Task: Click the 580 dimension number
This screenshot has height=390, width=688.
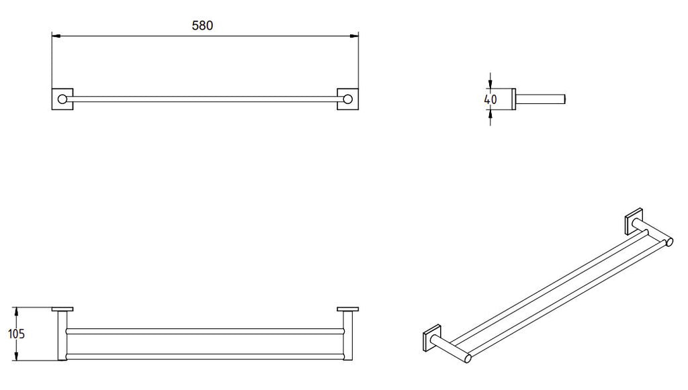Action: coord(202,26)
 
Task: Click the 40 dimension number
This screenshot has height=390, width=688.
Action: coord(490,99)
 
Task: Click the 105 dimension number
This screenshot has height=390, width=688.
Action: coord(18,334)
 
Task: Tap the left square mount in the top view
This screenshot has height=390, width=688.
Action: coord(62,99)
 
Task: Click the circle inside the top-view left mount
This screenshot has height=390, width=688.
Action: coord(62,99)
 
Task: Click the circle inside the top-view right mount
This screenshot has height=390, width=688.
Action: coord(347,99)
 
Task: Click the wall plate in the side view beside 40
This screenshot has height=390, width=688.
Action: coord(515,99)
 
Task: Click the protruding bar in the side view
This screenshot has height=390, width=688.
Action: coord(543,99)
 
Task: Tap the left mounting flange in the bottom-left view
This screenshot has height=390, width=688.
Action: coord(62,309)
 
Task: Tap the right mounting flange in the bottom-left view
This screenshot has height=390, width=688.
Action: coord(348,309)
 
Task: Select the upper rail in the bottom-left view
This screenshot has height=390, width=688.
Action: coord(205,331)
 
